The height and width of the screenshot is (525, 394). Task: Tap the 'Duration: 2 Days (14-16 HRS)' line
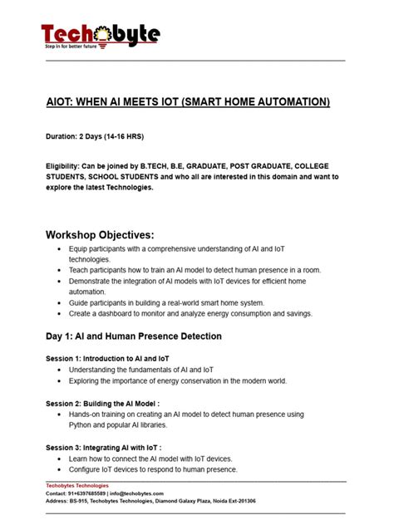tap(99, 135)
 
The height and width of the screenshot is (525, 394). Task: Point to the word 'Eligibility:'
tap(67, 165)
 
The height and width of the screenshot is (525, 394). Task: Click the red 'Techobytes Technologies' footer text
tap(76, 485)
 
